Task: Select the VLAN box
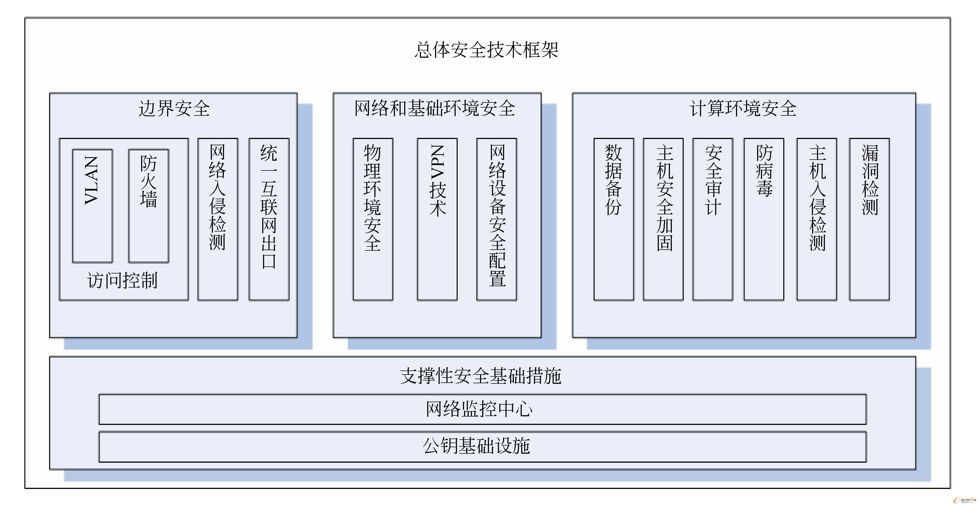point(92,206)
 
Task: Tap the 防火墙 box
point(149,206)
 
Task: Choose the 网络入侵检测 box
point(218,219)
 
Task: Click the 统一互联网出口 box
point(269,219)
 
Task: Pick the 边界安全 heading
point(174,108)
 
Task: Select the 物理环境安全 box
point(373,219)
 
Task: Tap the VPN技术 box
point(437,219)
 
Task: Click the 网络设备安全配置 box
point(497,219)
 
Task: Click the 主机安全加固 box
point(663,219)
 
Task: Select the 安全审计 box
point(713,219)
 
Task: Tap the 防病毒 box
point(764,219)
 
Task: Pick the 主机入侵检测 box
point(817,219)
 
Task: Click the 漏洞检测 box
point(869,219)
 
